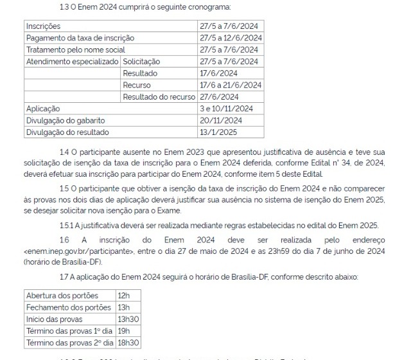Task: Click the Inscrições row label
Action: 43,26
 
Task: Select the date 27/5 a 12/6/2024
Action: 231,38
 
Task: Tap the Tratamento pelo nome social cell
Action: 76,50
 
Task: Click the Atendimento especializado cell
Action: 72,61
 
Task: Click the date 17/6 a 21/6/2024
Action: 231,85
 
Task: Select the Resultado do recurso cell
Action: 159,96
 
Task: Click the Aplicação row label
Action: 42,109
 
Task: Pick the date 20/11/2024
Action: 221,120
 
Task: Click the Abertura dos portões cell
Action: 62,295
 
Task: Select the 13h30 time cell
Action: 129,319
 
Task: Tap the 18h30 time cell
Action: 129,343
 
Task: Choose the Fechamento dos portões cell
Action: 68,307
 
